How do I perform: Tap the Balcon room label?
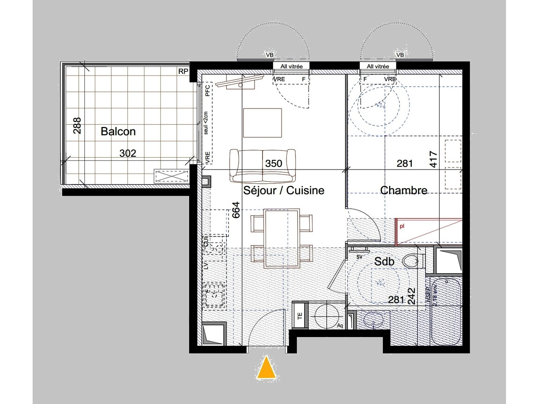coord(118,132)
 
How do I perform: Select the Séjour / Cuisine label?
coord(284,190)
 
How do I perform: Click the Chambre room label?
coord(404,190)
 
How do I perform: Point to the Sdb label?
coord(384,261)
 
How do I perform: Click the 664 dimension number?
coord(236,210)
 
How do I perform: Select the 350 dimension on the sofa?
coord(273,163)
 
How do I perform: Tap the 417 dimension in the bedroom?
coord(433,159)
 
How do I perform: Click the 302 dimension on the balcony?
coord(128,153)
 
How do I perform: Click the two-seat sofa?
coord(262,165)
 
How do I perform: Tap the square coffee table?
coord(262,123)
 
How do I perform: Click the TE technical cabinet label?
coord(300,316)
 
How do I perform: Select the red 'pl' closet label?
coord(402,226)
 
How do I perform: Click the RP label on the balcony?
coord(183,72)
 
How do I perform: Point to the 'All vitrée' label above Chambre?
coord(378,66)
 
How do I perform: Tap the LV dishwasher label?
coord(206,265)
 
